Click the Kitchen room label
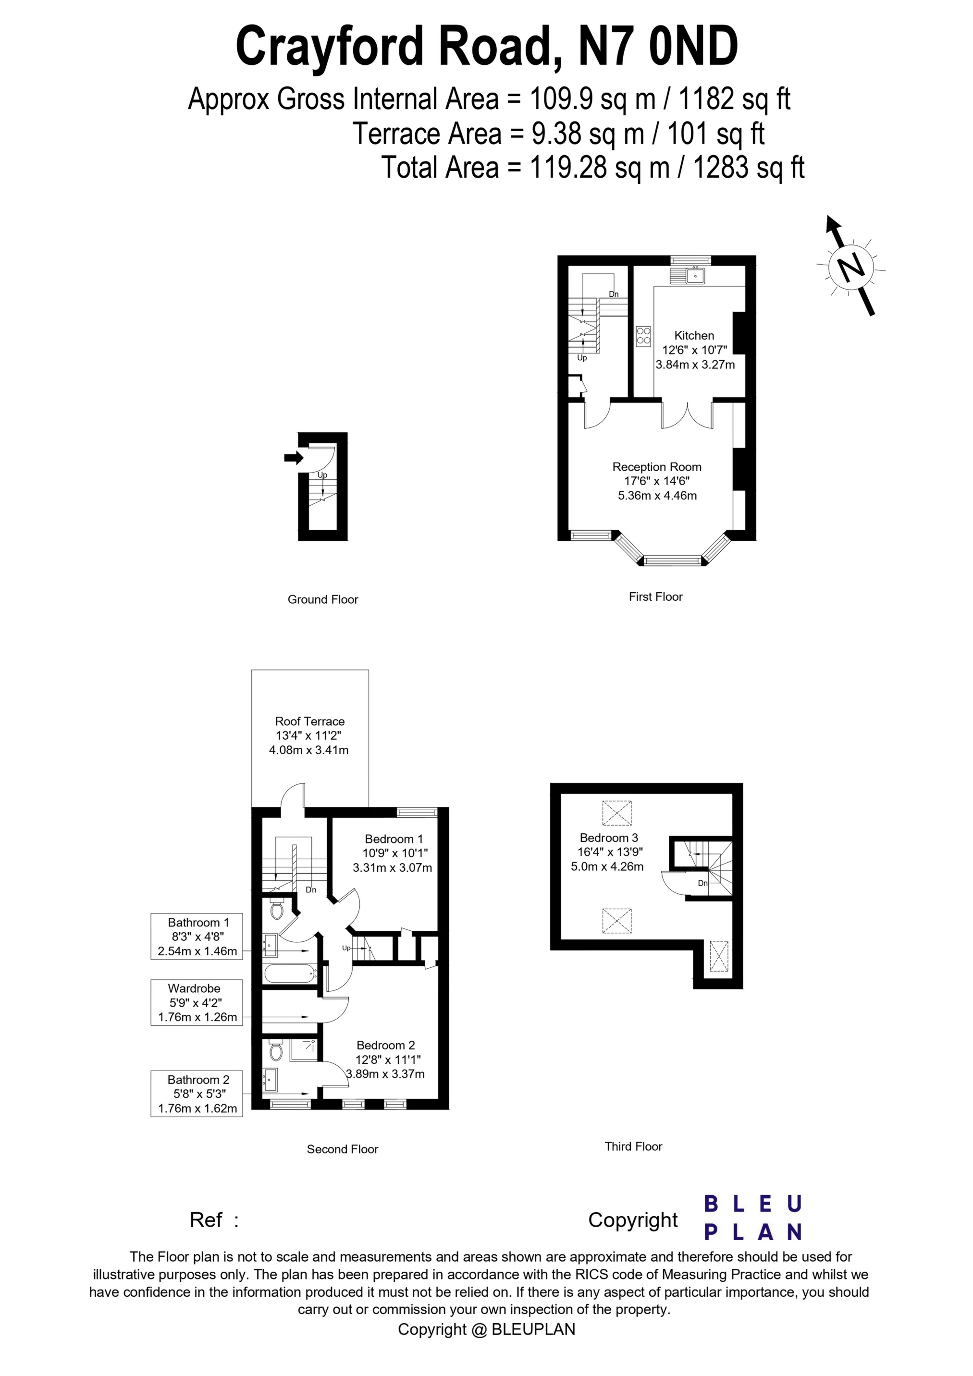[x=694, y=336]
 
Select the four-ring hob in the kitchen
[x=644, y=336]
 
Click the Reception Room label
[x=656, y=467]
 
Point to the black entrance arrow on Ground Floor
[x=294, y=458]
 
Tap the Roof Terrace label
[x=310, y=721]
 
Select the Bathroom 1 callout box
[x=197, y=936]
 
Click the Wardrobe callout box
[x=197, y=1003]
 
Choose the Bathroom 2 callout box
[x=197, y=1095]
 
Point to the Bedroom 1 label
[x=394, y=839]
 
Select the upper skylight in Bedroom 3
[x=617, y=813]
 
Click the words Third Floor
[x=633, y=1146]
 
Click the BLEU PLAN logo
[x=753, y=1217]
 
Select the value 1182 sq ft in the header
[x=734, y=99]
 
